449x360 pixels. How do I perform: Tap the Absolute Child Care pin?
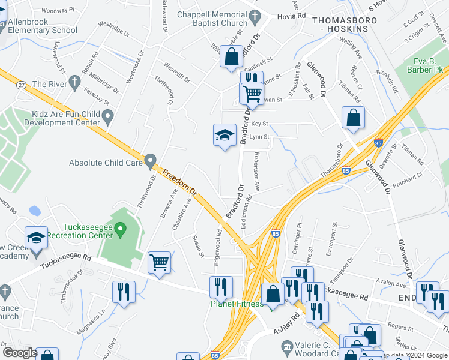[150, 161]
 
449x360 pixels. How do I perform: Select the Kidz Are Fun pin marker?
[108, 116]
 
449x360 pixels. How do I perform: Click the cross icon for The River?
[74, 82]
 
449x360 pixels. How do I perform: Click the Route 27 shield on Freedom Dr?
[21, 85]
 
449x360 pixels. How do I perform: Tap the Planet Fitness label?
[237, 304]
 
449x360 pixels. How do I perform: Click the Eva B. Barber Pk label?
[427, 65]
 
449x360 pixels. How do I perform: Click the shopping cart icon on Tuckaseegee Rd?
[159, 262]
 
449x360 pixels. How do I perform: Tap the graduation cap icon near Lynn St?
[225, 136]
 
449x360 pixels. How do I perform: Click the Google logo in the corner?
[20, 353]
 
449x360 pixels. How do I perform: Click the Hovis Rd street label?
[292, 16]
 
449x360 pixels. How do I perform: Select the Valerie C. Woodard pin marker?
[287, 346]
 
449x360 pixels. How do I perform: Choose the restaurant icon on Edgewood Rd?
[221, 286]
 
